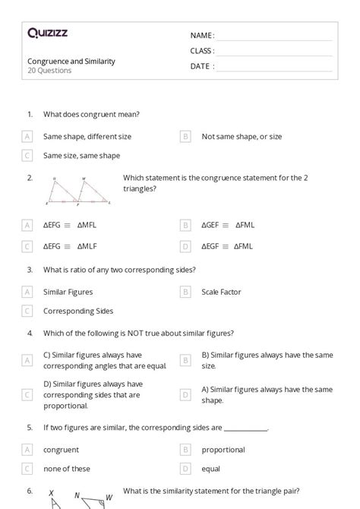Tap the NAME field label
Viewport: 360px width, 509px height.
201,36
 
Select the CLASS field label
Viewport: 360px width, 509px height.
202,51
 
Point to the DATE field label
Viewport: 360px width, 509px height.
201,66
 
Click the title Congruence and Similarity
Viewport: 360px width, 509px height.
71,62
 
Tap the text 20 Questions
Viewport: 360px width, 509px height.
49,71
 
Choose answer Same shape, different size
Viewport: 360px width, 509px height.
87,137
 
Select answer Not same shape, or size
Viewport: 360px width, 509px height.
242,137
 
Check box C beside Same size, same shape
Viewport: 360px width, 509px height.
27,156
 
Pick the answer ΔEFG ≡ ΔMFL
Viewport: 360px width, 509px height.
70,226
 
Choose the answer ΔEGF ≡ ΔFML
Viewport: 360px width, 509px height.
227,246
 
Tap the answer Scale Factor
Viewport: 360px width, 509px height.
221,292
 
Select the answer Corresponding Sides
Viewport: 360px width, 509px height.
78,311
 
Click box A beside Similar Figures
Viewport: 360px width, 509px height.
27,292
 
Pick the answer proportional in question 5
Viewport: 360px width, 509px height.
223,450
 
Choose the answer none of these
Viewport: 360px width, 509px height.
67,469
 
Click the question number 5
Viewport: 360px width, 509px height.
30,428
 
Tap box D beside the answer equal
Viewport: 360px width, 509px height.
185,469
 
